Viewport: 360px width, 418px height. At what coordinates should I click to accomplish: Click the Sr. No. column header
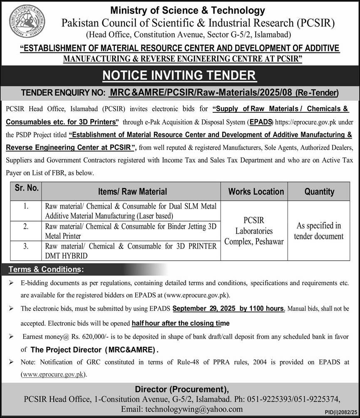[27, 188]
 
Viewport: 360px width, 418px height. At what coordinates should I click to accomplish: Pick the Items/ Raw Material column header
[132, 192]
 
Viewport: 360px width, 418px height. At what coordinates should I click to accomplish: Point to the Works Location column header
[256, 192]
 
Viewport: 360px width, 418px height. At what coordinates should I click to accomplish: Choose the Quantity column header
[319, 192]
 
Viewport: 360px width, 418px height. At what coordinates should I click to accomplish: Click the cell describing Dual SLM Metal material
[131, 211]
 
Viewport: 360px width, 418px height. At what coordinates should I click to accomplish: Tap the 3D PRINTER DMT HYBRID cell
[131, 251]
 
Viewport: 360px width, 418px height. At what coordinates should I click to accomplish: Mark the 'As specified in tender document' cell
[318, 231]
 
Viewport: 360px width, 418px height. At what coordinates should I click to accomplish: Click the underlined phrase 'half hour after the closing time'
[180, 323]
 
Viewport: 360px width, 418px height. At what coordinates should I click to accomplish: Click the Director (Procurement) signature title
[181, 389]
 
